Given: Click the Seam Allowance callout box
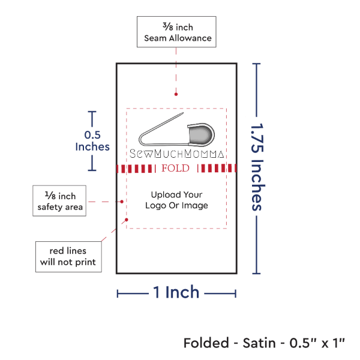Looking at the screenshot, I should (x=175, y=32).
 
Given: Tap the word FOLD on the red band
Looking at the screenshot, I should (x=176, y=168).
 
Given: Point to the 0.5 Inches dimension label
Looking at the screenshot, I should (x=92, y=140).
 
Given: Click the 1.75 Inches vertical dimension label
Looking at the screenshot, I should (x=257, y=166).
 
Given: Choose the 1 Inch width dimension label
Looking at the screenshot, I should (x=176, y=293).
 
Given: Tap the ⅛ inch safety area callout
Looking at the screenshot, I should (x=59, y=201).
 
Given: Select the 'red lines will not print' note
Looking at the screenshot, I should (x=67, y=256).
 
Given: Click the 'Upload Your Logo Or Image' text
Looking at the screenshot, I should (x=176, y=200).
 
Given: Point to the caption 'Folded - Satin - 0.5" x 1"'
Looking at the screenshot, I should (x=265, y=343).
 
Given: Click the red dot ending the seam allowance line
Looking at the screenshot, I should (x=175, y=94).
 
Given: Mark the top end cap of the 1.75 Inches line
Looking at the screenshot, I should (x=257, y=64).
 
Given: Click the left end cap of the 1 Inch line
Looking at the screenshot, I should (x=118, y=293).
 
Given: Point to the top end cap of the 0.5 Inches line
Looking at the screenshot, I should (x=92, y=112).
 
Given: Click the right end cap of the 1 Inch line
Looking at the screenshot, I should (x=235, y=293).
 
